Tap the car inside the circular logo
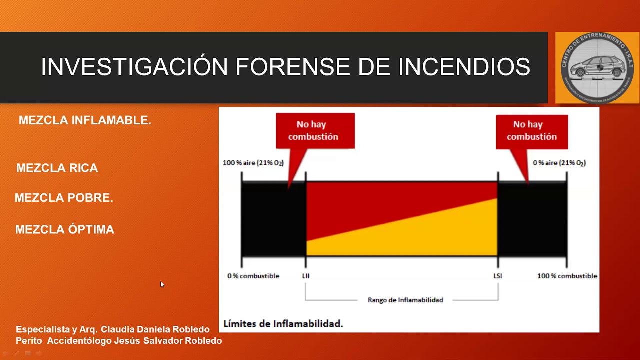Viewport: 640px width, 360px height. point(597,67)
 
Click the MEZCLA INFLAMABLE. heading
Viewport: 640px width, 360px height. point(85,120)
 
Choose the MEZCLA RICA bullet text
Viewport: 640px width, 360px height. point(57,168)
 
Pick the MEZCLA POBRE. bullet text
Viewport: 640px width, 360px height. point(64,198)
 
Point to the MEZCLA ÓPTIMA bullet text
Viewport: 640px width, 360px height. point(65,230)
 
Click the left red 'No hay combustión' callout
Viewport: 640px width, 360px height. point(315,131)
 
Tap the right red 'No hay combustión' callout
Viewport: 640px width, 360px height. point(531,131)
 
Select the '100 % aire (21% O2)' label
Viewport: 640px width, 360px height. point(253,163)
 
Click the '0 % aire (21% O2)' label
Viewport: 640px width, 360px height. point(559,163)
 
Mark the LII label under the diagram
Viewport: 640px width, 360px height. point(306,276)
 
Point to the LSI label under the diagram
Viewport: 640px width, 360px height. point(497,276)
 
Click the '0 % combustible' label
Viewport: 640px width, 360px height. point(253,276)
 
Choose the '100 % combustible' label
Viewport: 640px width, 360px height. point(567,276)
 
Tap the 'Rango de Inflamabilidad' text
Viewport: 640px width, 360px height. point(405,300)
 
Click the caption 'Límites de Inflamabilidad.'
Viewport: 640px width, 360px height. point(283,323)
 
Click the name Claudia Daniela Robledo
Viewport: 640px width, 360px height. point(155,329)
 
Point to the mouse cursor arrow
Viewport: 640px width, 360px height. point(162,284)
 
